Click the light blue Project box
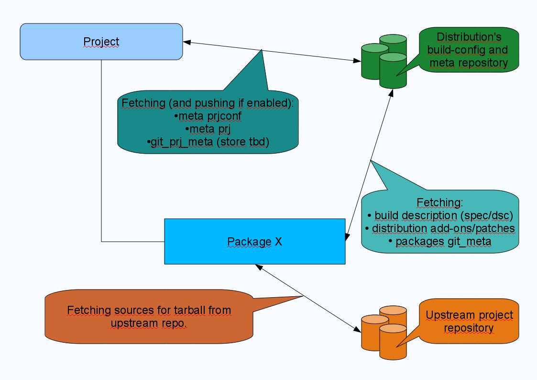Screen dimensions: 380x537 (101, 42)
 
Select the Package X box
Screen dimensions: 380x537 (254, 241)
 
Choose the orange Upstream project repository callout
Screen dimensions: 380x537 (469, 322)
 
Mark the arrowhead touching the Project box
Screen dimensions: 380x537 (187, 43)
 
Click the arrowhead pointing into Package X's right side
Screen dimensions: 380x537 (348, 235)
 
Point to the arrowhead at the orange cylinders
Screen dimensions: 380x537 (357, 329)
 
